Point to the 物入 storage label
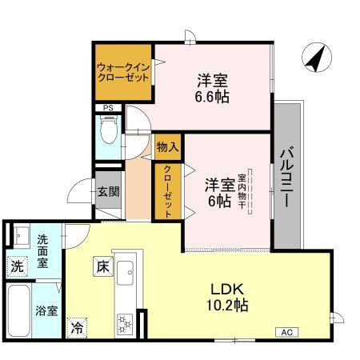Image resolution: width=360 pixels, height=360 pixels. tap(167, 146)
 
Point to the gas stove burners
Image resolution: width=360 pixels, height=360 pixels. tap(126, 322)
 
